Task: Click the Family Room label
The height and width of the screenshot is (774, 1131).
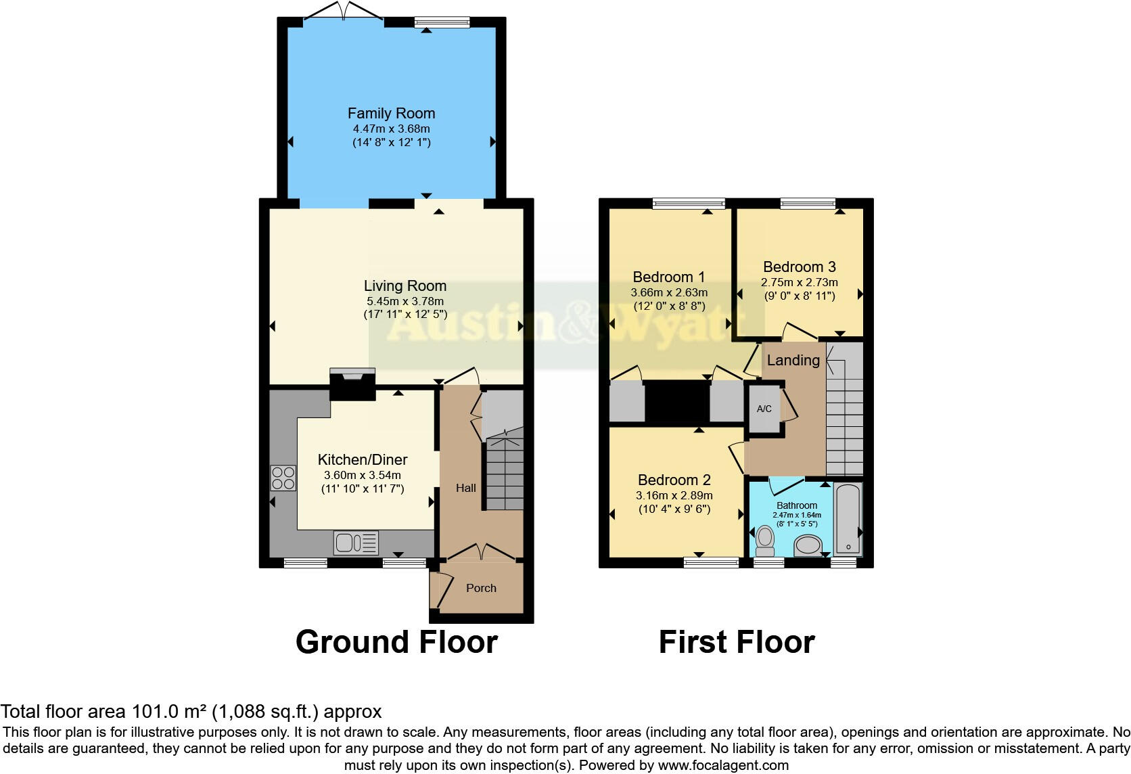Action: tap(391, 114)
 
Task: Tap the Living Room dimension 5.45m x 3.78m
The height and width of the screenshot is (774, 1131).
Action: tap(405, 301)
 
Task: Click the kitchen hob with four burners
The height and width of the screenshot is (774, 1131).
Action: tap(283, 478)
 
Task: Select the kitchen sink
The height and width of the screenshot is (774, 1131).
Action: tap(355, 543)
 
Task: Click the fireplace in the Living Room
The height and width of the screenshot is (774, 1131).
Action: tap(352, 384)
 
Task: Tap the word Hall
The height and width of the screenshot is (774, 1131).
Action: tap(465, 488)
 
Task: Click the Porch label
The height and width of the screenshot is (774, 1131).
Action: tap(481, 588)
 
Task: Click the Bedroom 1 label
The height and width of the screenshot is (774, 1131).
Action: tap(668, 277)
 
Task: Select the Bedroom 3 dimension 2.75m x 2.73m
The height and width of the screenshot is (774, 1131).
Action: tap(799, 282)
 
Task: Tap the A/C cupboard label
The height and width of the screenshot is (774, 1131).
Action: tap(764, 409)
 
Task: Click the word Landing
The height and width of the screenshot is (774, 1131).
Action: tap(793, 360)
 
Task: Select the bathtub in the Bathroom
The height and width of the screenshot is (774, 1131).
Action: tap(848, 519)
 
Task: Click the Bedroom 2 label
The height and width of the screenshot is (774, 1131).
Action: tap(674, 480)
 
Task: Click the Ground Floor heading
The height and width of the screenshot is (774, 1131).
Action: tap(396, 641)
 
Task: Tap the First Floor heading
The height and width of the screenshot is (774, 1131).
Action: tap(736, 641)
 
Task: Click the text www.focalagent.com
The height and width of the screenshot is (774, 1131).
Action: tap(723, 766)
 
